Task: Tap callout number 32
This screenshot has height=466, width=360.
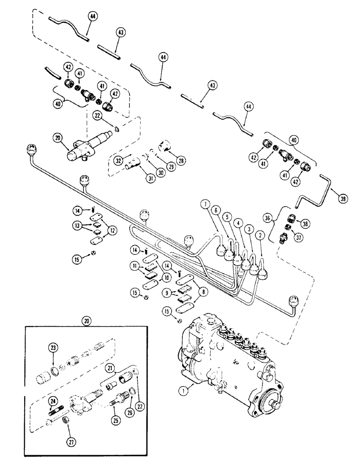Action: click(x=117, y=160)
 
